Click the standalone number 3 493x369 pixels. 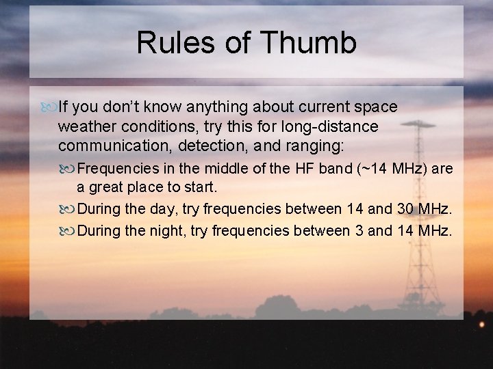pos(359,231)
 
